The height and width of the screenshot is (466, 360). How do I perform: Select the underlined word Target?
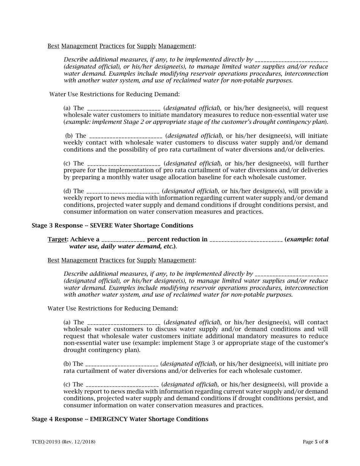(x=57, y=239)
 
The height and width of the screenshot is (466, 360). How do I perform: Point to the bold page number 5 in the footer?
(x=316, y=442)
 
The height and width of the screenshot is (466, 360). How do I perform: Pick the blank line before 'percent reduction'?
(x=123, y=240)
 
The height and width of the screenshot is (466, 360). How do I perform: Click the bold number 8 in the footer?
(x=327, y=442)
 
